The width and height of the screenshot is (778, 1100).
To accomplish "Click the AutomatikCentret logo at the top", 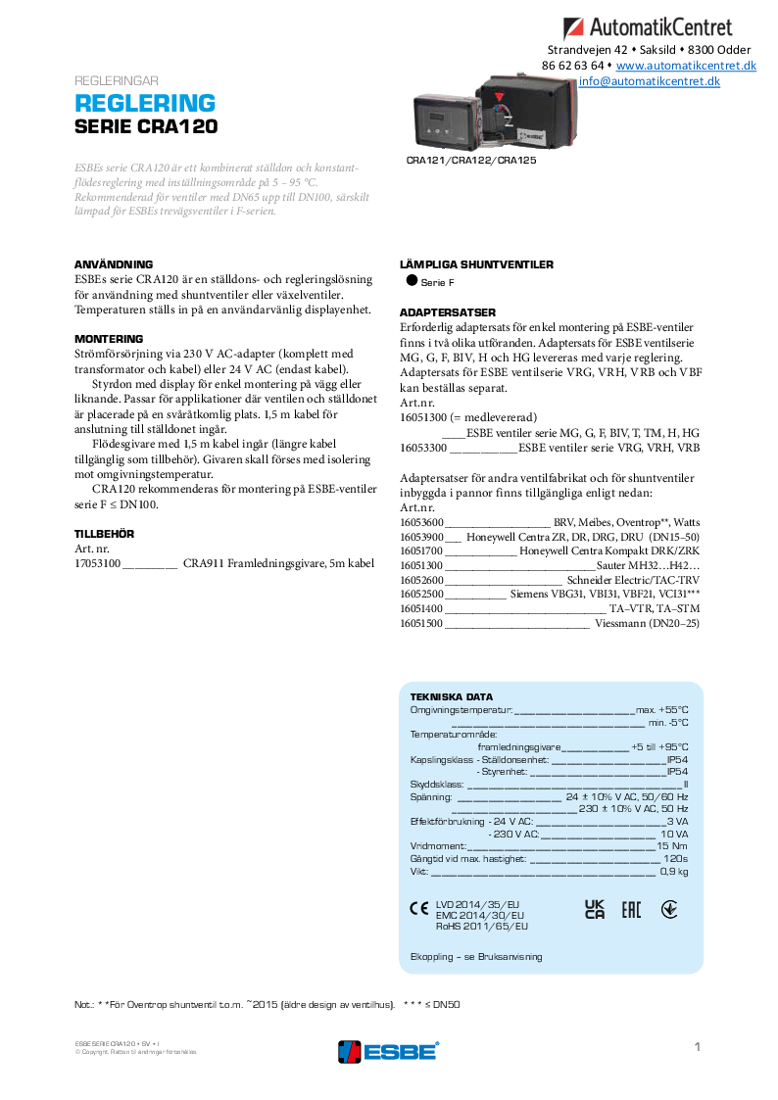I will tap(659, 27).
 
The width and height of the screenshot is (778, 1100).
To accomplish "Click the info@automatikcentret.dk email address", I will tap(649, 81).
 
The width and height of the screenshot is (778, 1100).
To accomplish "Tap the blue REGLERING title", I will tap(145, 104).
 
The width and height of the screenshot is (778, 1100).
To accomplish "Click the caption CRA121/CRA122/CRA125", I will tap(471, 160).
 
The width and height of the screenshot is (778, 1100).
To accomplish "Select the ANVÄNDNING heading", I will tap(114, 264).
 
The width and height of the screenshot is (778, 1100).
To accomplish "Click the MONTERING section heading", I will tap(109, 339).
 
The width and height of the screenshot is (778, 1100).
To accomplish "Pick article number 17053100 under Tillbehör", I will tap(98, 564).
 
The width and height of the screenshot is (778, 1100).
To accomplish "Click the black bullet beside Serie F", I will tap(412, 281).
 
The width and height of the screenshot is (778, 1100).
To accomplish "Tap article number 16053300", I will tap(423, 448).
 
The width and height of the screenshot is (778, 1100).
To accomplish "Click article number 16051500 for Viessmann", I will tap(422, 623).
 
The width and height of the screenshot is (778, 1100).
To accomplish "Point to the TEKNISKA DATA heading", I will tap(452, 696).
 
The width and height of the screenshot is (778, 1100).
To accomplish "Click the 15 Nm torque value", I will tap(672, 845).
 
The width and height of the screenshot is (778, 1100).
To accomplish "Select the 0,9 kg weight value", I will tap(674, 871).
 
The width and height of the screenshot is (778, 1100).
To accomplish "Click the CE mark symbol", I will tap(418, 908).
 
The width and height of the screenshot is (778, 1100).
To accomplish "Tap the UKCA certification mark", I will tap(595, 909).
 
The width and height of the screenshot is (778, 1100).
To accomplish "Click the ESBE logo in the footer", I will tap(388, 1051).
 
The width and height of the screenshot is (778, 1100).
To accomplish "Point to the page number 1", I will tap(697, 1047).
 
